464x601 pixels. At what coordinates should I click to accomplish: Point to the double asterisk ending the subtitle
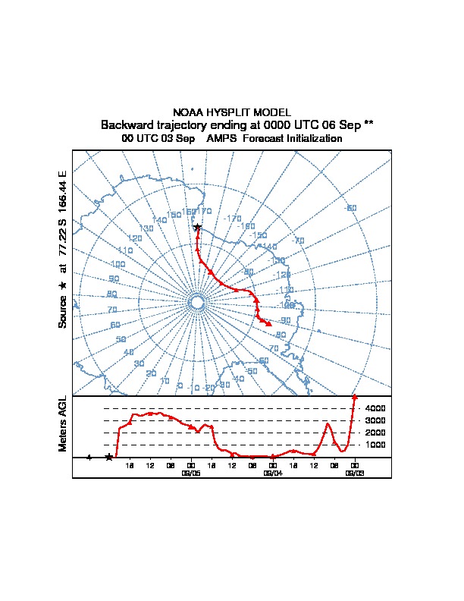pos(368,124)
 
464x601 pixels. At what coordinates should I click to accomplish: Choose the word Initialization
pos(312,139)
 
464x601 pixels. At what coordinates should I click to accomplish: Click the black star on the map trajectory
pos(197,227)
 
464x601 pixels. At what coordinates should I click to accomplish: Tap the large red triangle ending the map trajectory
pos(269,324)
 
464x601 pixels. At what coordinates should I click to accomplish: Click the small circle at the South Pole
pos(196,303)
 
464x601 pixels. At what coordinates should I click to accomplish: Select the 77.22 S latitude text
pos(62,233)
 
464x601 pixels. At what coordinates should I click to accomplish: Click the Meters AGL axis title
pos(62,424)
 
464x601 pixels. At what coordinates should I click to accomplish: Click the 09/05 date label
pos(190,472)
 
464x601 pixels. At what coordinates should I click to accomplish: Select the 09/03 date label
pos(354,472)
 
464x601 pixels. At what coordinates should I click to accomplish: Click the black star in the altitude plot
pos(109,457)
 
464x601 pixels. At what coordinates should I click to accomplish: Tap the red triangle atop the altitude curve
pos(354,397)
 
